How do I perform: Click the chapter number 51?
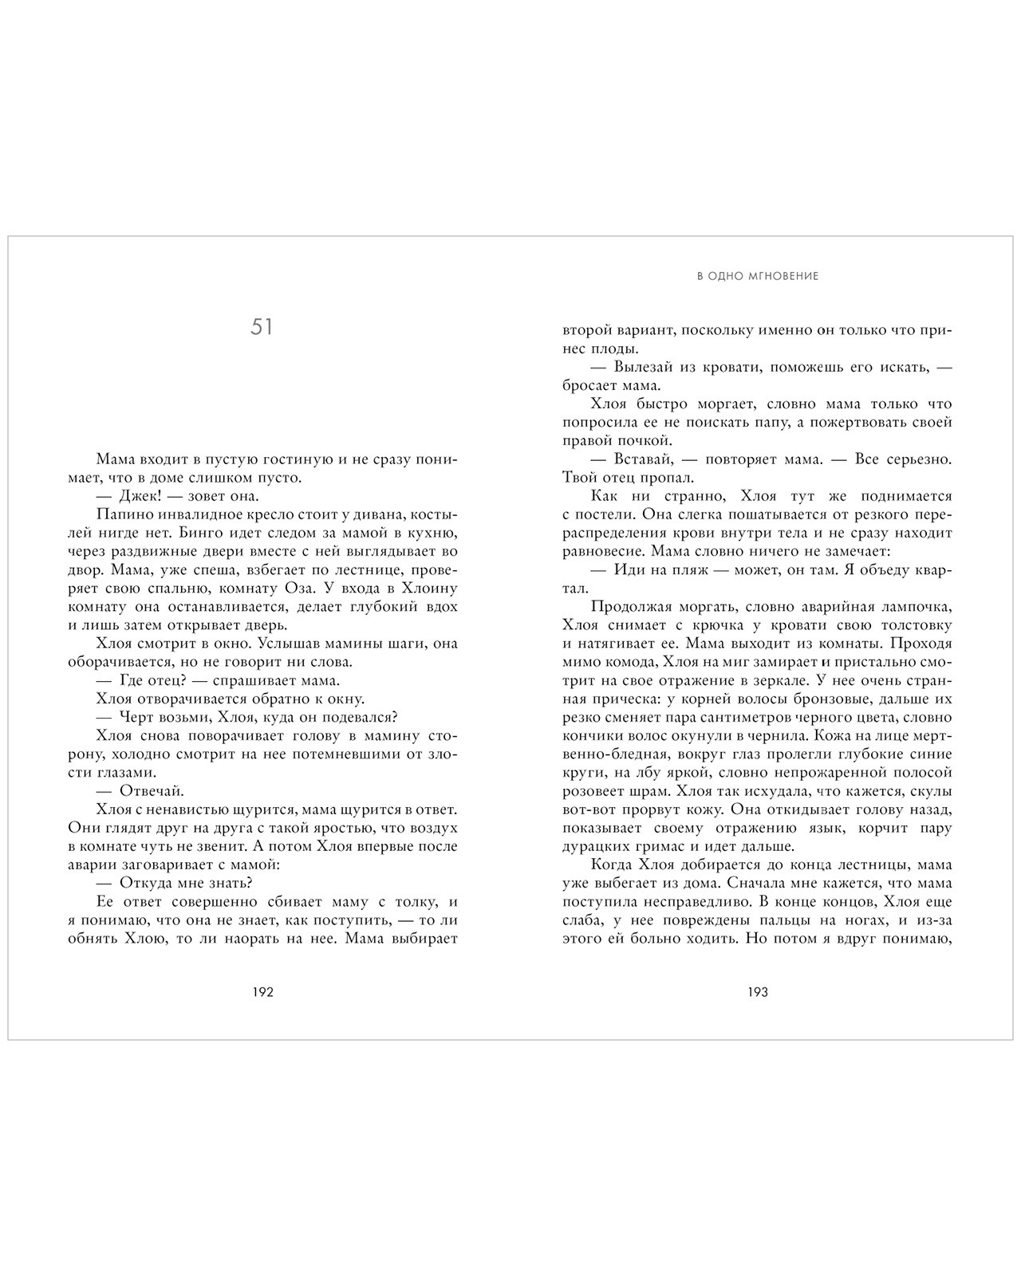(x=262, y=327)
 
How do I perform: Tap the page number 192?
(x=262, y=993)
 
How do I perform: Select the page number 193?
(x=757, y=993)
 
